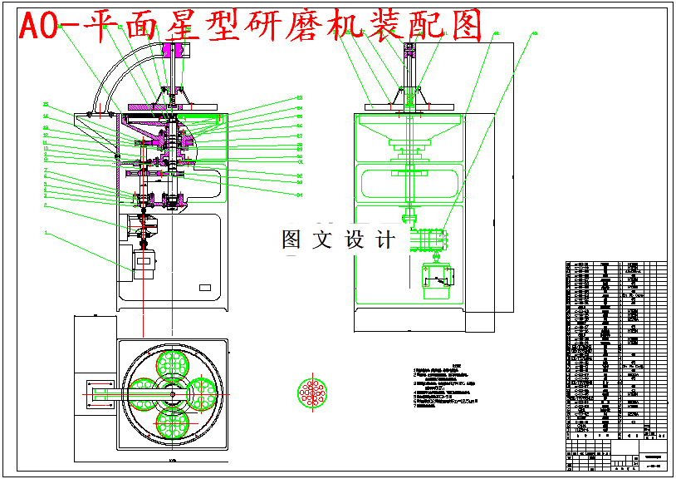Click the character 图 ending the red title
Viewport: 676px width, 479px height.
tap(468, 27)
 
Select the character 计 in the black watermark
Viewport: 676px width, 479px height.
tap(385, 240)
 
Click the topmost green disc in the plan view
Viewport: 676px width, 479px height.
tap(171, 363)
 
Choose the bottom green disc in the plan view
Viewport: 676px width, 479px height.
tap(171, 422)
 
